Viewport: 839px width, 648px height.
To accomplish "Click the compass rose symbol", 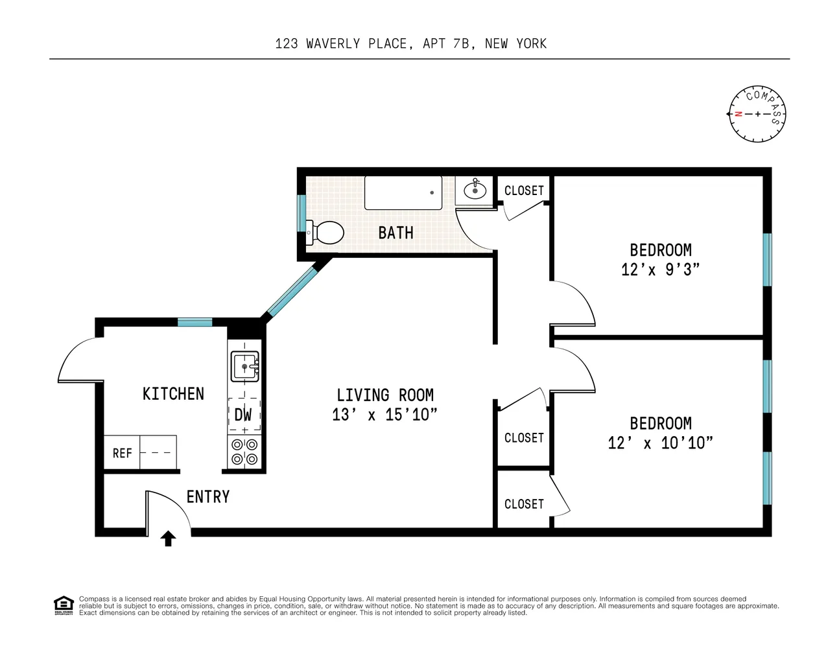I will [757, 114].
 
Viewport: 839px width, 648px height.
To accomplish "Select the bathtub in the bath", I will [403, 192].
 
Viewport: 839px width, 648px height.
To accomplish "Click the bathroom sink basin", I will [475, 190].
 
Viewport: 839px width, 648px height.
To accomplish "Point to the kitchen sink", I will [245, 366].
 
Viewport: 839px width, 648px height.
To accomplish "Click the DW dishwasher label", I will [243, 415].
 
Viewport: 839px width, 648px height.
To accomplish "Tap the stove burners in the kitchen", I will [244, 452].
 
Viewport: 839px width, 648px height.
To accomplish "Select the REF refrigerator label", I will [122, 453].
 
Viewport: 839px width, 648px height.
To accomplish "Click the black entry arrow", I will [169, 538].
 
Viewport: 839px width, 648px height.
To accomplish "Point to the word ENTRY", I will [208, 497].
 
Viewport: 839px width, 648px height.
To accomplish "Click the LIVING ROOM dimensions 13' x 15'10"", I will [384, 415].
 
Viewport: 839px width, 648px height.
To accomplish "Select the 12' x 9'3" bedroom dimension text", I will [660, 270].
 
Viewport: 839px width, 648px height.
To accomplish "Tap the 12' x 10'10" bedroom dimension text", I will [660, 443].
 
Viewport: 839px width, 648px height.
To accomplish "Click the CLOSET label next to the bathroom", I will [524, 191].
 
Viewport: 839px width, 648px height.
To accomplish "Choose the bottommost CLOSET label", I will [524, 504].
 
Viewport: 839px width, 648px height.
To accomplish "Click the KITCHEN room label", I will [173, 394].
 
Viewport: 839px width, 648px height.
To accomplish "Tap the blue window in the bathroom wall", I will [301, 213].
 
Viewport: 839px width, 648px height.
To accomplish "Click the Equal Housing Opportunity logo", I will [63, 605].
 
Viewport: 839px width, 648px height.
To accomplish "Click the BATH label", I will [396, 233].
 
